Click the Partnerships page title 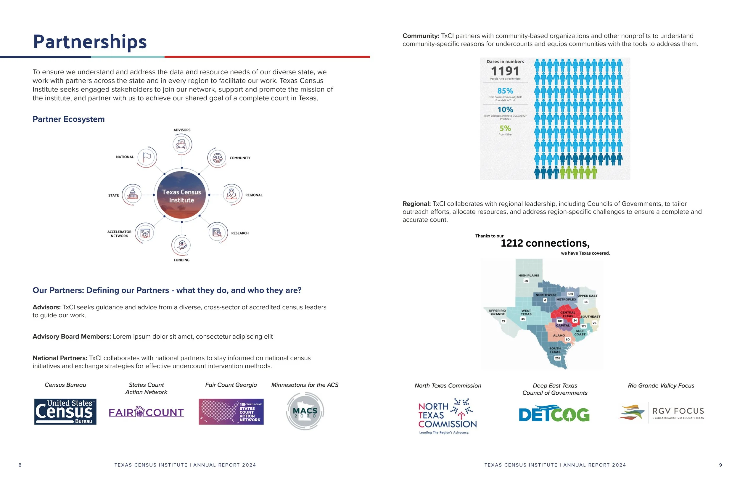pyautogui.click(x=90, y=42)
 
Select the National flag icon pyautogui.click(x=147, y=157)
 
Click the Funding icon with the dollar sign pyautogui.click(x=181, y=245)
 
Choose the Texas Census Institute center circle pyautogui.click(x=181, y=196)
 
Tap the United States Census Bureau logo pyautogui.click(x=65, y=412)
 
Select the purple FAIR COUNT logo pyautogui.click(x=146, y=412)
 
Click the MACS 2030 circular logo pyautogui.click(x=305, y=411)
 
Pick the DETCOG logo pyautogui.click(x=554, y=414)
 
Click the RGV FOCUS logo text pyautogui.click(x=678, y=411)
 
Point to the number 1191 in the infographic pyautogui.click(x=505, y=71)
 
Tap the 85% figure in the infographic pyautogui.click(x=505, y=91)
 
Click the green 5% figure pyautogui.click(x=505, y=128)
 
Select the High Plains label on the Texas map pyautogui.click(x=529, y=276)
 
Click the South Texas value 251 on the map pyautogui.click(x=557, y=358)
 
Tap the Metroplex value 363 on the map pyautogui.click(x=570, y=294)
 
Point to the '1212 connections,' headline pyautogui.click(x=545, y=243)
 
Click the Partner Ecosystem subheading pyautogui.click(x=69, y=119)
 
